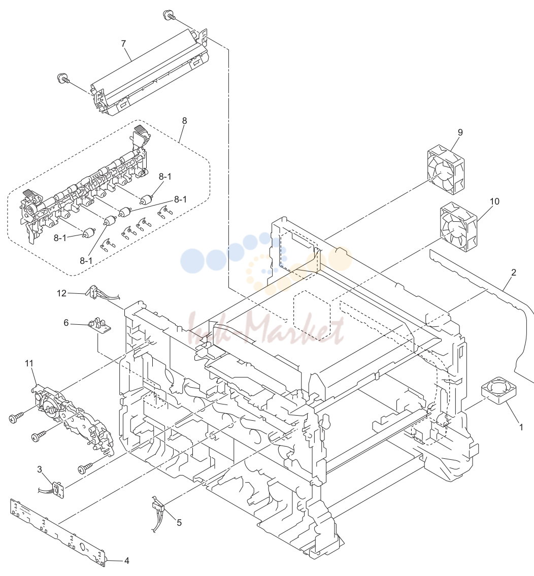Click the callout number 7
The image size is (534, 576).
pos(123,44)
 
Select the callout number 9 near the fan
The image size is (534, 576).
pos(460,132)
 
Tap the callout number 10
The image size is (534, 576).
pos(495,201)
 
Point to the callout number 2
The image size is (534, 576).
pos(513,272)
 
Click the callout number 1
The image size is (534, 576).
pos(521,427)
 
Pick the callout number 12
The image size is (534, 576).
pos(61,293)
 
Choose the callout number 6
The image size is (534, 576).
pos(66,323)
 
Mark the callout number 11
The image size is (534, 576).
pos(29,363)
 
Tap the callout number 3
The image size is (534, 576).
pos(39,469)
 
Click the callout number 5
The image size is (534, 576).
pos(179,522)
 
